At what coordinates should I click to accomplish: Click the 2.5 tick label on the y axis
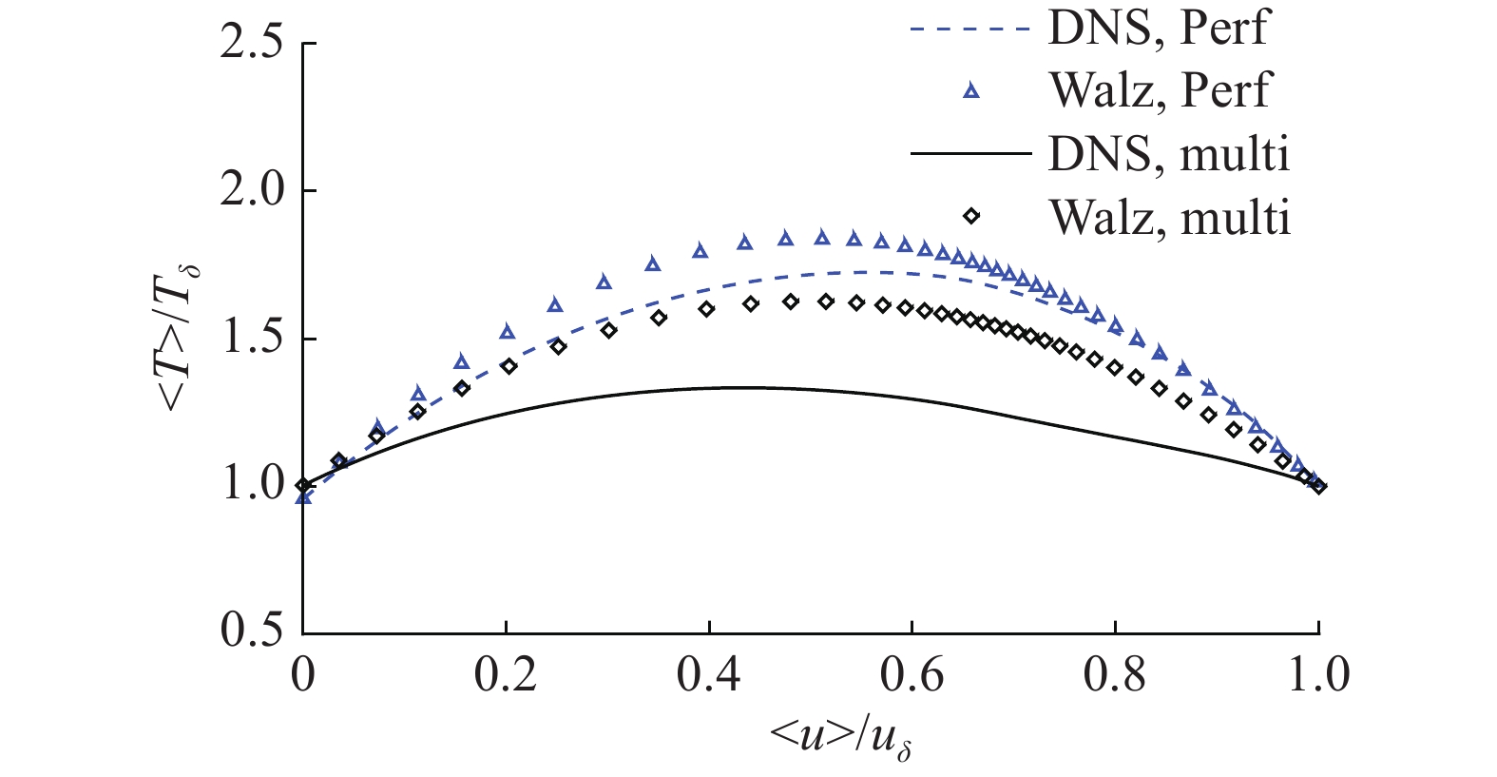pyautogui.click(x=251, y=46)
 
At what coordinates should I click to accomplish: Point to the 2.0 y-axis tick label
pyautogui.click(x=251, y=192)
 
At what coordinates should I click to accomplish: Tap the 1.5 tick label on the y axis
pyautogui.click(x=251, y=340)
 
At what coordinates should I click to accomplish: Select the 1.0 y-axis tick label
pyautogui.click(x=251, y=486)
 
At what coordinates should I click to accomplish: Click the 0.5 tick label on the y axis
pyautogui.click(x=251, y=632)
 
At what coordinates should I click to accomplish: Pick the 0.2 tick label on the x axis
pyautogui.click(x=506, y=675)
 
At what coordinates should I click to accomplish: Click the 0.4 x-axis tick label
pyautogui.click(x=709, y=675)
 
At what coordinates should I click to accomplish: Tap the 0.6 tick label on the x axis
pyautogui.click(x=912, y=675)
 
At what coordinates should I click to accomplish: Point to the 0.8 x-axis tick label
pyautogui.click(x=1116, y=675)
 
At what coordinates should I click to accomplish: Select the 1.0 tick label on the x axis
pyautogui.click(x=1318, y=675)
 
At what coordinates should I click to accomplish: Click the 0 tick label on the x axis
pyautogui.click(x=302, y=675)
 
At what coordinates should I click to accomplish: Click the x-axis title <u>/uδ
pyautogui.click(x=842, y=735)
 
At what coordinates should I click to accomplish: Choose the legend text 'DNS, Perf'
pyautogui.click(x=1158, y=28)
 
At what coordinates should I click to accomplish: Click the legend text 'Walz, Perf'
pyautogui.click(x=1160, y=90)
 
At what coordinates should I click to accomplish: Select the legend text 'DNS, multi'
pyautogui.click(x=1169, y=154)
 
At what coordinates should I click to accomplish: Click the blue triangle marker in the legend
pyautogui.click(x=970, y=90)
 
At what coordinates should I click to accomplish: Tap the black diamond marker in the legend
pyautogui.click(x=970, y=216)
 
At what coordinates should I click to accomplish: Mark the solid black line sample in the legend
pyautogui.click(x=970, y=153)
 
